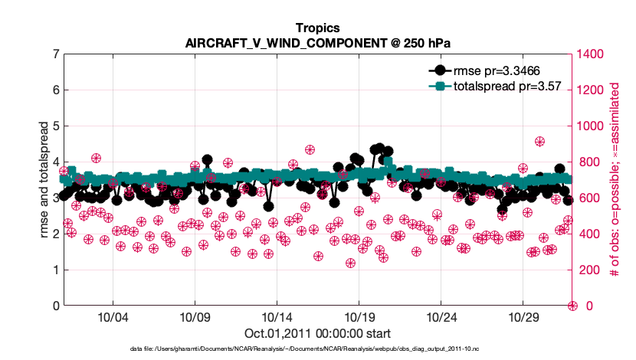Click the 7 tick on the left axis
pyautogui.click(x=55, y=54)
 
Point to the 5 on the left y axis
pyautogui.click(x=55, y=126)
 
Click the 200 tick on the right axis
pyautogui.click(x=591, y=270)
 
